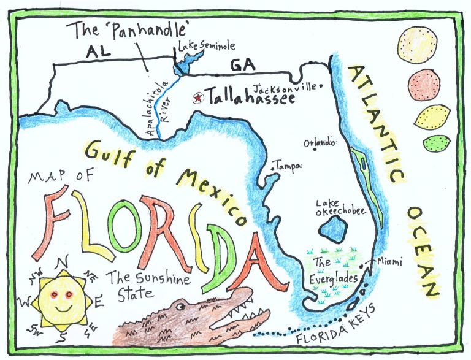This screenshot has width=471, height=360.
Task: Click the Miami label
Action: [389, 262]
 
